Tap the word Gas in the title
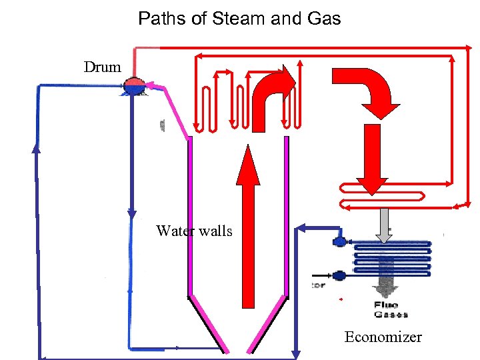(x=323, y=19)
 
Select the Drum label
(x=103, y=67)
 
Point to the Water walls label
(x=194, y=231)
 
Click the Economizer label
(x=383, y=337)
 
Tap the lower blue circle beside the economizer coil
(x=339, y=275)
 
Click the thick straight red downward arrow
(x=371, y=160)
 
